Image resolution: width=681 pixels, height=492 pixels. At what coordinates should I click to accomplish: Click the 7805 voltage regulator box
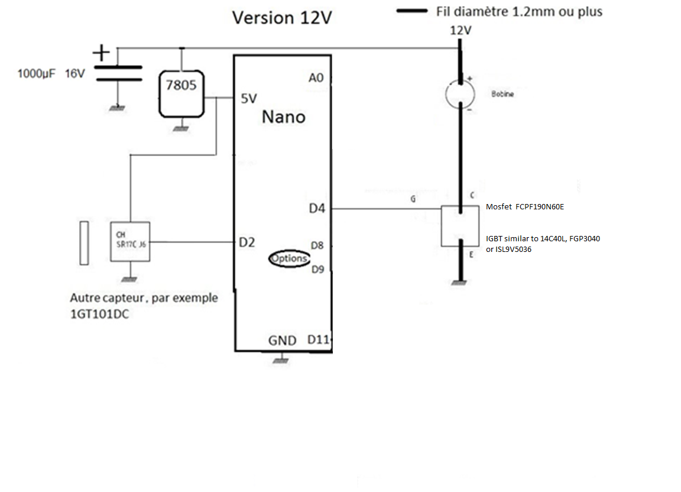tap(181, 93)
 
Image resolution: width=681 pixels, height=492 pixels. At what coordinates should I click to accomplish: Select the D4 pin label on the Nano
tap(317, 208)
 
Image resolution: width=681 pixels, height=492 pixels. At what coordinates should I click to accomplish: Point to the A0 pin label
tap(316, 77)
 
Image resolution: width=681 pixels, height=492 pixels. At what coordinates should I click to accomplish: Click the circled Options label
tap(290, 258)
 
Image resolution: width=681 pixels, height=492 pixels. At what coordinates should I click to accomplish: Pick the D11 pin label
tap(318, 340)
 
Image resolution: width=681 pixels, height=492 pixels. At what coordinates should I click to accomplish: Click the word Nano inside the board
tap(283, 117)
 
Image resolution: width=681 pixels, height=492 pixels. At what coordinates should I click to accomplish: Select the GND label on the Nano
tap(283, 341)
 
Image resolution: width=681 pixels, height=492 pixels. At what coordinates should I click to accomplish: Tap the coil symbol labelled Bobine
tap(460, 94)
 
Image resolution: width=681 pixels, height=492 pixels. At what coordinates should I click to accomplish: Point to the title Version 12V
tap(282, 18)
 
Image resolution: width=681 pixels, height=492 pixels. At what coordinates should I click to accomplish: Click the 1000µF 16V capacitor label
tap(51, 75)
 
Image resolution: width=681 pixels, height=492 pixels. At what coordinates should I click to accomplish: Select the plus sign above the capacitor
tap(102, 53)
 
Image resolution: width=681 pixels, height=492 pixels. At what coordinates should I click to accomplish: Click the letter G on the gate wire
tap(413, 200)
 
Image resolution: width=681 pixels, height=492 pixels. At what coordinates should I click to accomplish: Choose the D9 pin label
tap(317, 270)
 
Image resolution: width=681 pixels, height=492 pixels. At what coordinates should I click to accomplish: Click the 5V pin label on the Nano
tap(249, 99)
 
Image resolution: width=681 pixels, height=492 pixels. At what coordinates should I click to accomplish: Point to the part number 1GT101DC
tap(100, 315)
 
